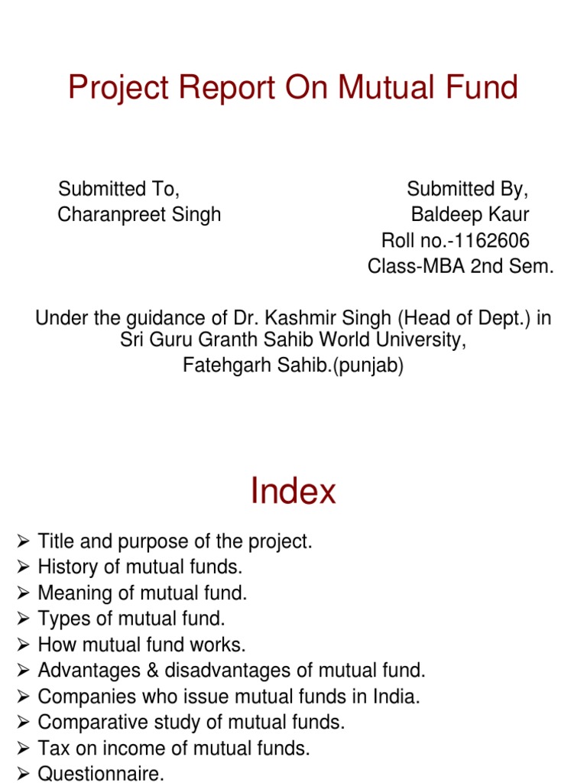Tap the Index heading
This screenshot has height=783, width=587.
pyautogui.click(x=293, y=491)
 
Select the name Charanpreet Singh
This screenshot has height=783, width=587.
pyautogui.click(x=139, y=215)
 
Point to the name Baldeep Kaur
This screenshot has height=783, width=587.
pyautogui.click(x=470, y=215)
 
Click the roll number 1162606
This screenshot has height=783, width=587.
pyautogui.click(x=489, y=241)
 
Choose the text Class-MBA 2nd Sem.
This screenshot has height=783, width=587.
pyautogui.click(x=461, y=267)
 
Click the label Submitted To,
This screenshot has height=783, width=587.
pyautogui.click(x=118, y=189)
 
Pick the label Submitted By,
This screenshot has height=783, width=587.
pyautogui.click(x=468, y=189)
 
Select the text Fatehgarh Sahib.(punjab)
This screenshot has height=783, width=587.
pyautogui.click(x=293, y=366)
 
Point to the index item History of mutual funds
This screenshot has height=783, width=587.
pyautogui.click(x=140, y=567)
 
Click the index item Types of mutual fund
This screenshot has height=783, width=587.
pyautogui.click(x=131, y=619)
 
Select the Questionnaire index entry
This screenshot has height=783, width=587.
pyautogui.click(x=101, y=774)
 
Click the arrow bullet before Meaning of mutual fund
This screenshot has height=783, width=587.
pyautogui.click(x=23, y=593)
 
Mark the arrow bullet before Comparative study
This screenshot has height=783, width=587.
pyautogui.click(x=23, y=722)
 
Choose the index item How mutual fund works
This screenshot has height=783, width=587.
pyautogui.click(x=141, y=645)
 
